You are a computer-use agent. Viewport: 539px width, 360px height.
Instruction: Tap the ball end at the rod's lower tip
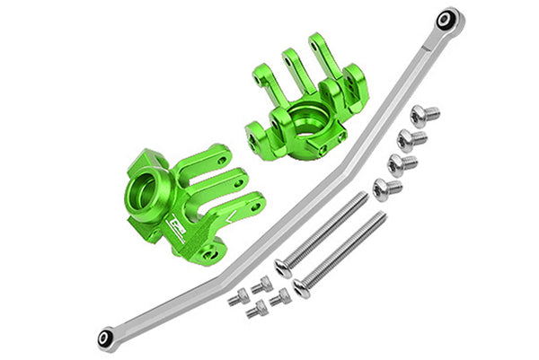pyautogui.click(x=105, y=338)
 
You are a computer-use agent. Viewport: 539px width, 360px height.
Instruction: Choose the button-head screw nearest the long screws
pyautogui.click(x=385, y=189)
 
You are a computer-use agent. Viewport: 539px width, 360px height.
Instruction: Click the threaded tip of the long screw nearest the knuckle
pyautogui.click(x=365, y=195)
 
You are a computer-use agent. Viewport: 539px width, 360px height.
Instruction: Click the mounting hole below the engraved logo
pyautogui.click(x=210, y=255)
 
